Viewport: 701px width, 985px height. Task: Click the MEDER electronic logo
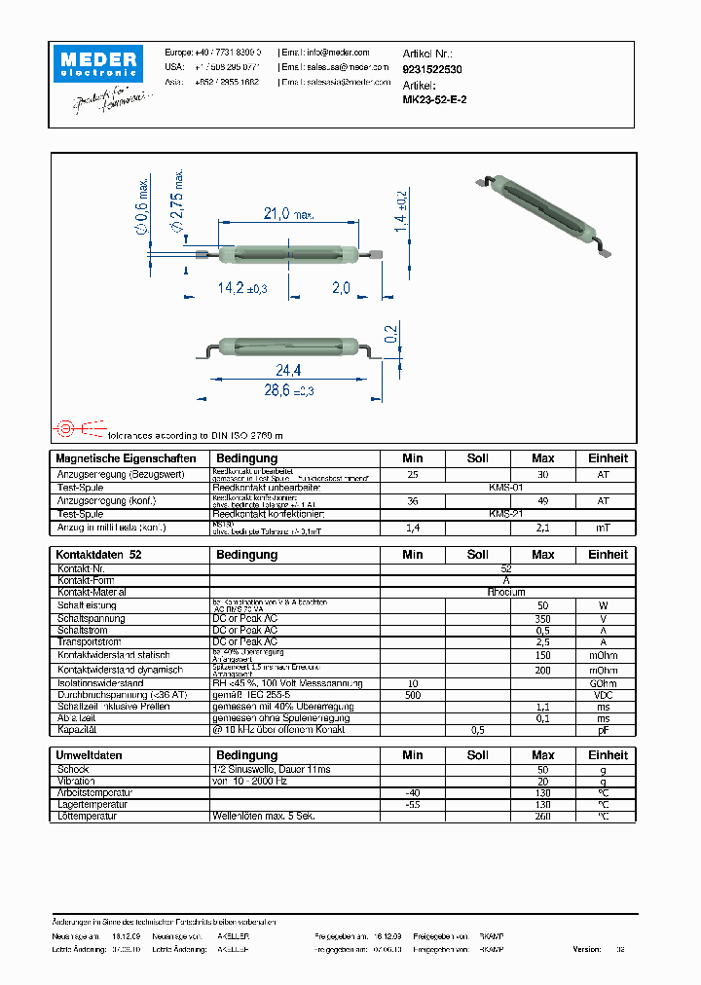coord(99,63)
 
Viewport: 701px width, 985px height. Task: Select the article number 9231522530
coord(432,70)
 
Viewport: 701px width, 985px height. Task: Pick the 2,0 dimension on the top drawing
coord(341,288)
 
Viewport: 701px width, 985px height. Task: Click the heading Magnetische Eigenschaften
coord(126,458)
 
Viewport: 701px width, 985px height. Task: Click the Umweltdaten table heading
coord(89,755)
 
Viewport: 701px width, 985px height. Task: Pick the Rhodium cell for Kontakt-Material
coord(506,592)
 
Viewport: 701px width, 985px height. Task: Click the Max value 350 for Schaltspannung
coord(542,618)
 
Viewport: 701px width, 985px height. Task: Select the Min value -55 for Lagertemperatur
coord(412,805)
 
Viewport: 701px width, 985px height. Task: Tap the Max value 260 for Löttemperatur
coord(542,817)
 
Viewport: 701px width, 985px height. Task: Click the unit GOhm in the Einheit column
coord(603,683)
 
